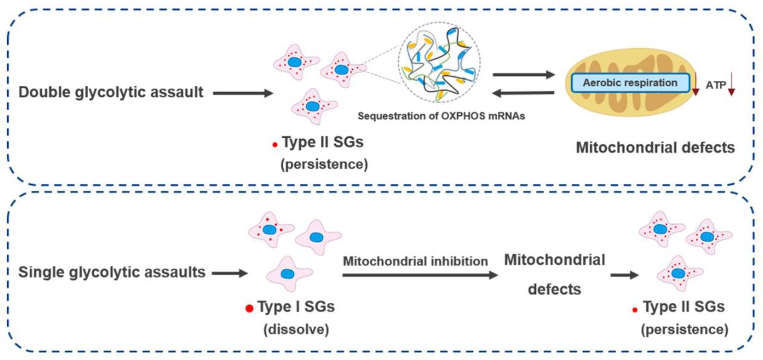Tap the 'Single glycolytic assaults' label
113,272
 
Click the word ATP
715,85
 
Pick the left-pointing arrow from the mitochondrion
523,92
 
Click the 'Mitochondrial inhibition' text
415,261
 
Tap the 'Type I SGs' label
296,308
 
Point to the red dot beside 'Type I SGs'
249,308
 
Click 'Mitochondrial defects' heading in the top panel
655,147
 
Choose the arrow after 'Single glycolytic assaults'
229,273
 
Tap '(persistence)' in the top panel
324,165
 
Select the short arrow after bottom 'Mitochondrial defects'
625,275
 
